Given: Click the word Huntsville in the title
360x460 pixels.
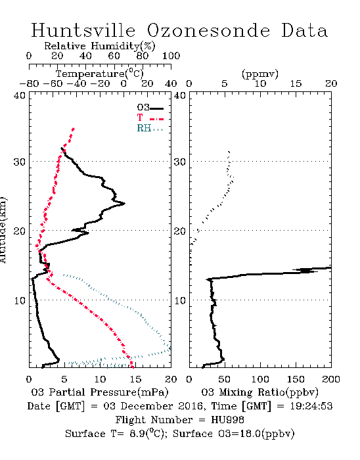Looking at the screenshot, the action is (83, 30).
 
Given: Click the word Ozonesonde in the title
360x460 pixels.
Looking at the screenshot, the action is (208, 30).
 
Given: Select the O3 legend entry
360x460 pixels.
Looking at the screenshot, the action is (150, 108).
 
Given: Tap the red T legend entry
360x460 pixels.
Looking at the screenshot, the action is (150, 118).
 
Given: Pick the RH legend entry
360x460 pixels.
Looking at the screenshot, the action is (150, 128).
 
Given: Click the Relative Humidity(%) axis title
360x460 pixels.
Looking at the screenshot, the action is (100, 46).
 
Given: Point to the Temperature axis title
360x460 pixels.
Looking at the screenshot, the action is (100, 74).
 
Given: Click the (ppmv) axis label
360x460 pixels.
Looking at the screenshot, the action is (260, 74).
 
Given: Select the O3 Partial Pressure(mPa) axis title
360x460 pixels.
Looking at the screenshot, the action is (100, 392).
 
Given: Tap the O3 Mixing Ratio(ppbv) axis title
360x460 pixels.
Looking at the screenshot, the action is (259, 392).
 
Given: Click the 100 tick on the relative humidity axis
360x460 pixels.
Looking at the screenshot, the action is (171, 56).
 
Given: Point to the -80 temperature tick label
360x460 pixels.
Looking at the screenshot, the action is (29, 84).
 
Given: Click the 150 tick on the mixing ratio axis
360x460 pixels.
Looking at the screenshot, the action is (296, 379).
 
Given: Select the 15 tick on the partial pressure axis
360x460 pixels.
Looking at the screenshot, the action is (135, 379).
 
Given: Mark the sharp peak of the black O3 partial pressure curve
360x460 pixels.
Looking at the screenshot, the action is (125, 203).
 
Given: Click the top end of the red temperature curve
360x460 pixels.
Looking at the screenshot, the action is (74, 129).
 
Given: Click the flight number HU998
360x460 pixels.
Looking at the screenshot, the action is (227, 420).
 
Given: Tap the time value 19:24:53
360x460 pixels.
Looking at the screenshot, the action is (311, 406).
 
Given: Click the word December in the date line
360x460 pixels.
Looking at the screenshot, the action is (145, 406).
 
